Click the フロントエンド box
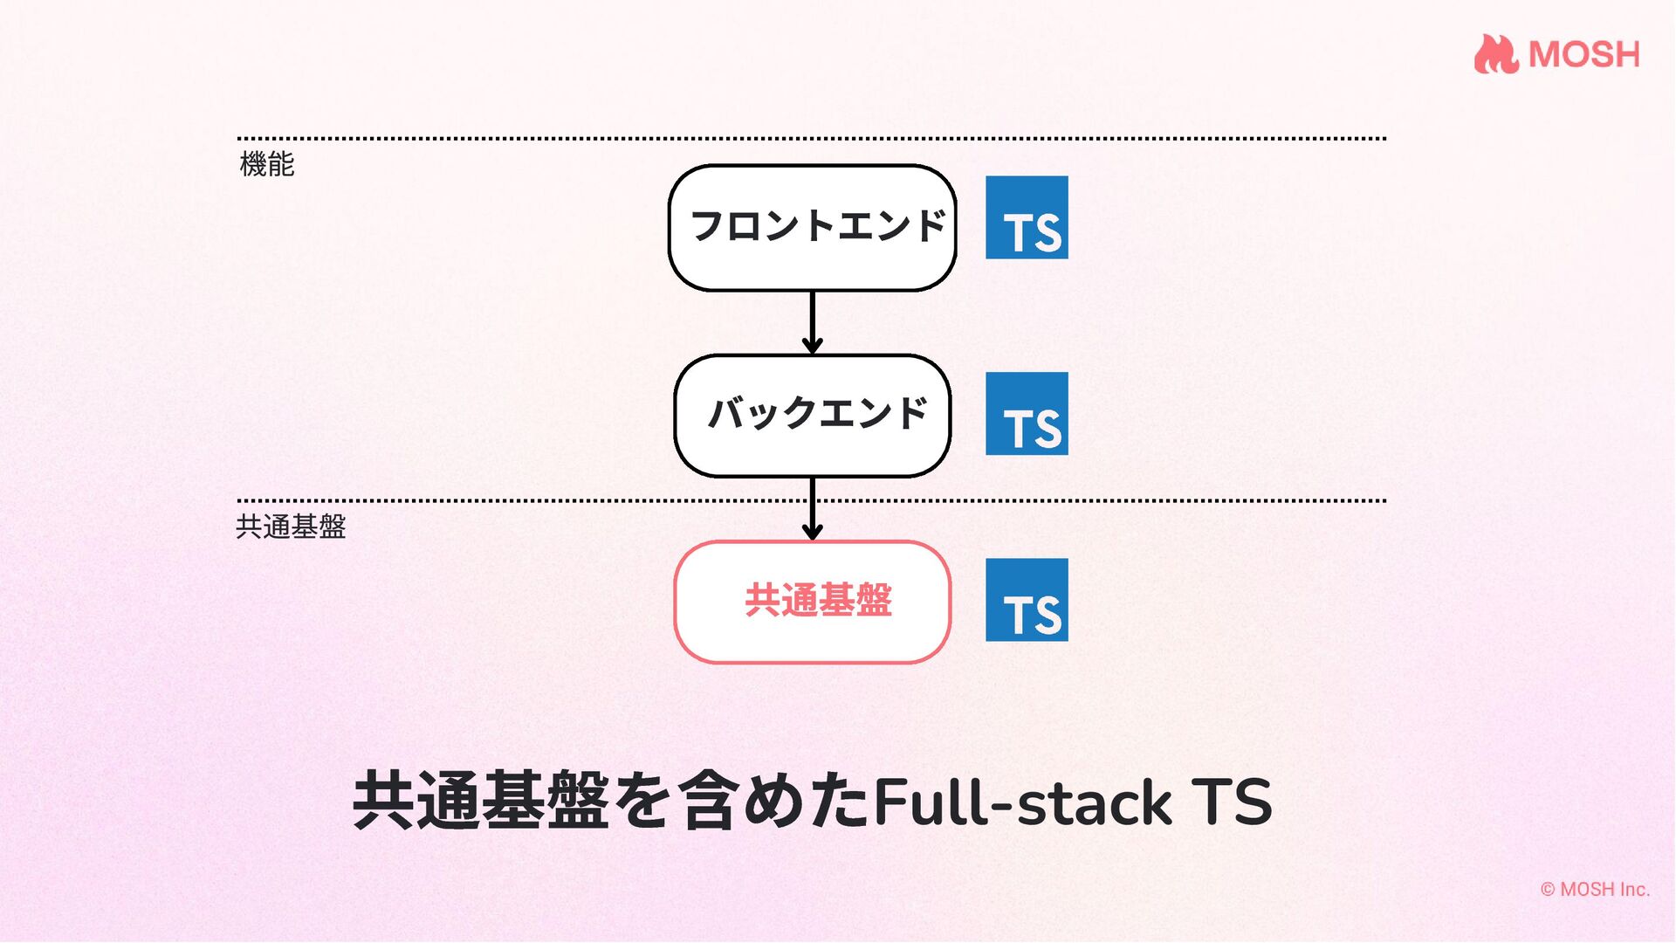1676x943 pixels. pos(812,227)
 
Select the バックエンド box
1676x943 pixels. pos(812,415)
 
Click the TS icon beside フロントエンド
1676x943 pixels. pos(1027,217)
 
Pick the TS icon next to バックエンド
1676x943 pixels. pos(1027,413)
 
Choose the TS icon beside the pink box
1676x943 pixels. pos(1027,600)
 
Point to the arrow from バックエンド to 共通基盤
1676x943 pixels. pos(812,508)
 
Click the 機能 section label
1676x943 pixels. pos(267,164)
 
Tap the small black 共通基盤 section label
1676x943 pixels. pos(291,527)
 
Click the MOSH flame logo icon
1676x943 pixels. pos(1495,54)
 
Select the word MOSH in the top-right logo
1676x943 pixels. pos(1583,55)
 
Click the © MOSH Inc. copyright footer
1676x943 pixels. pos(1595,889)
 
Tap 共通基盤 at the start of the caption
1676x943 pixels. pos(480,802)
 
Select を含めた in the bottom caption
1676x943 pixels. pos(742,802)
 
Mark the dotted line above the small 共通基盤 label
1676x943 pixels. pos(524,501)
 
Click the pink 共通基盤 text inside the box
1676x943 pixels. pos(818,601)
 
